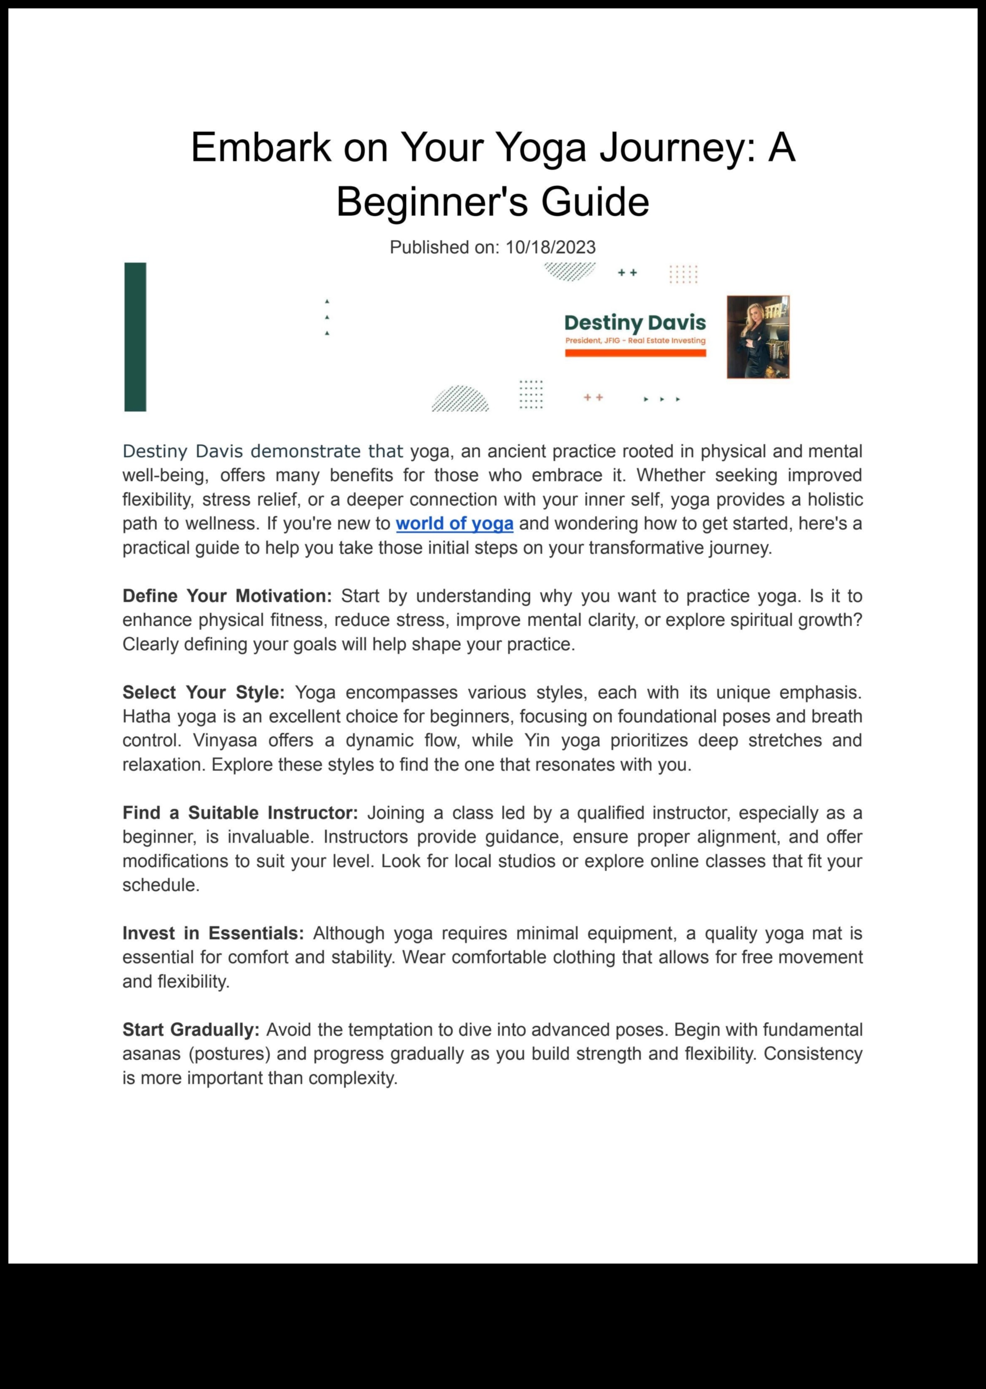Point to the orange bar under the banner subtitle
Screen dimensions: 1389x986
click(x=635, y=353)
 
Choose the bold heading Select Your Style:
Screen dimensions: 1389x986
click(x=203, y=692)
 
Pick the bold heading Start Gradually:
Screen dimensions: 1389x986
click(x=191, y=1029)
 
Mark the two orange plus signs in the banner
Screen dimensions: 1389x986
click(x=593, y=397)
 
